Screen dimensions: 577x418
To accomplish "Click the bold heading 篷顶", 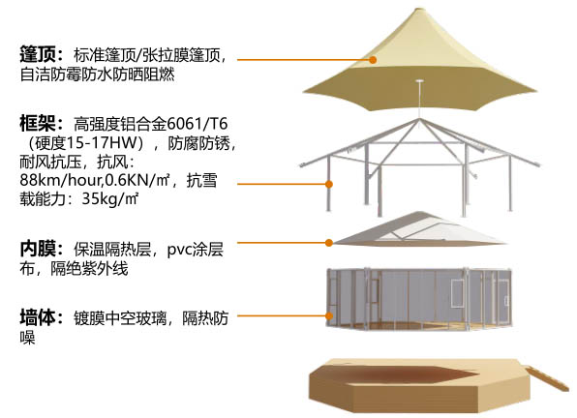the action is [38, 54].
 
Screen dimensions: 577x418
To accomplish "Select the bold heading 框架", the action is [38, 123].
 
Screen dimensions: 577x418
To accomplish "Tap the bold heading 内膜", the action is [38, 249].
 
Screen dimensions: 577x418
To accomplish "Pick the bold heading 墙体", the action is [38, 317].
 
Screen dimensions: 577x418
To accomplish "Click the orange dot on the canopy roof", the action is [373, 60].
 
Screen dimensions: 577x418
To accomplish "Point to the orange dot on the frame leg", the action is [329, 184].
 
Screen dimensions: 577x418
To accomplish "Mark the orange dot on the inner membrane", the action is [329, 243].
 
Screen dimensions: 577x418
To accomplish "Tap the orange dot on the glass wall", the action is [329, 315].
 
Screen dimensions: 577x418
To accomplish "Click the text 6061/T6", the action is [197, 124].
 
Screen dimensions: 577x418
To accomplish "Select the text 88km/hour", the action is [60, 180].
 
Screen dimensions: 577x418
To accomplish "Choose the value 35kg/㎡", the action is [109, 199].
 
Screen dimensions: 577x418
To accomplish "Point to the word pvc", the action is [179, 251].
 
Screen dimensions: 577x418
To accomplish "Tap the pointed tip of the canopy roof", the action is [419, 9].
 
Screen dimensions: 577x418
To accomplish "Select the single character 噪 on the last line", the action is [28, 337].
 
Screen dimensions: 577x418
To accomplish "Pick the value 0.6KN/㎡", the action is [137, 180].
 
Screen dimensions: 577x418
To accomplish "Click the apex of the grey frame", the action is [419, 119].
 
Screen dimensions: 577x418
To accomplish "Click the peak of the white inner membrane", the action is [419, 213].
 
